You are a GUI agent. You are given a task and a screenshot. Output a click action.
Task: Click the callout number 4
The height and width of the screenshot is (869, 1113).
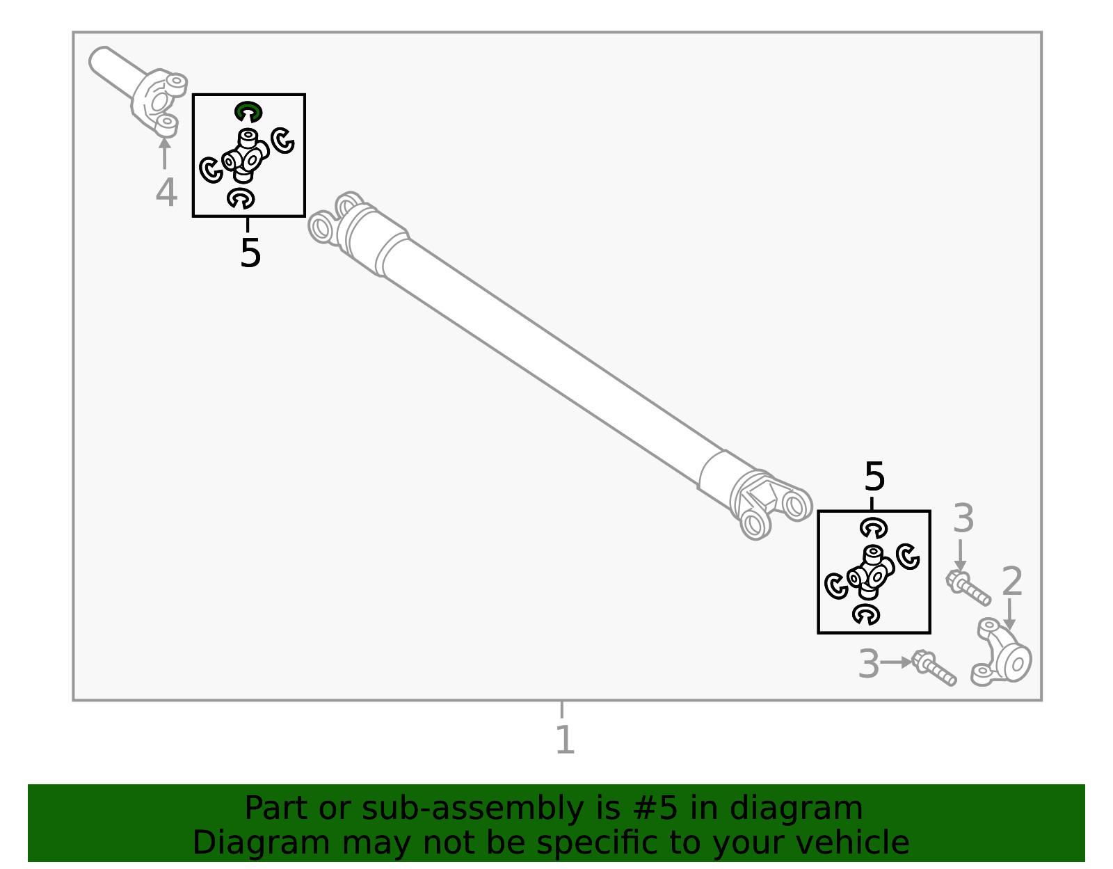click(x=166, y=193)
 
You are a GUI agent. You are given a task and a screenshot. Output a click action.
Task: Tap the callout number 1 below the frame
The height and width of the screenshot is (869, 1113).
click(x=565, y=740)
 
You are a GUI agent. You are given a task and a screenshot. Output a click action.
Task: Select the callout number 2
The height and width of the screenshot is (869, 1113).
click(x=1011, y=581)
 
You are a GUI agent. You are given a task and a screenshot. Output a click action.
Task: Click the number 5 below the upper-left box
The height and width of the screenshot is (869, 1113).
click(x=250, y=253)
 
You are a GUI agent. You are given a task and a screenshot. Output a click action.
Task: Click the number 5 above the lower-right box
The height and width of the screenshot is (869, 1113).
click(x=874, y=477)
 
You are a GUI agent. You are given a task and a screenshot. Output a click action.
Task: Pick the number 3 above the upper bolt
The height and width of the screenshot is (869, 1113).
click(x=963, y=519)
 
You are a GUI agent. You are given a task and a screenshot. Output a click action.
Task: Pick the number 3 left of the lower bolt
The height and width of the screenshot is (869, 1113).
click(x=869, y=664)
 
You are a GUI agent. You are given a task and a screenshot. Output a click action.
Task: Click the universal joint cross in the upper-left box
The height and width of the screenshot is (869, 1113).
click(x=246, y=156)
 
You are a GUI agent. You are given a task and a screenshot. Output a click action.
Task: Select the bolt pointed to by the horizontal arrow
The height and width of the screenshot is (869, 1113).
click(x=934, y=668)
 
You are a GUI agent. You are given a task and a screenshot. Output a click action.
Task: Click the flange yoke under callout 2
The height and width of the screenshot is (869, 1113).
click(x=1002, y=653)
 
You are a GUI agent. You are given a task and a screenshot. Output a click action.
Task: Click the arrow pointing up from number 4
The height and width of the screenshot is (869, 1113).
click(x=164, y=152)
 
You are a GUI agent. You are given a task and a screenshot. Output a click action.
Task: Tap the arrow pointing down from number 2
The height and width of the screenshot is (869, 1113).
click(x=1009, y=614)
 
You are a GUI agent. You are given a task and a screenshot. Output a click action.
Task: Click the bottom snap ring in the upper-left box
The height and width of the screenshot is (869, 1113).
click(x=241, y=199)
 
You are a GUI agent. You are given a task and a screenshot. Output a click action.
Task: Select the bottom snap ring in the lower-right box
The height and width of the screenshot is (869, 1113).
click(x=866, y=614)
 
